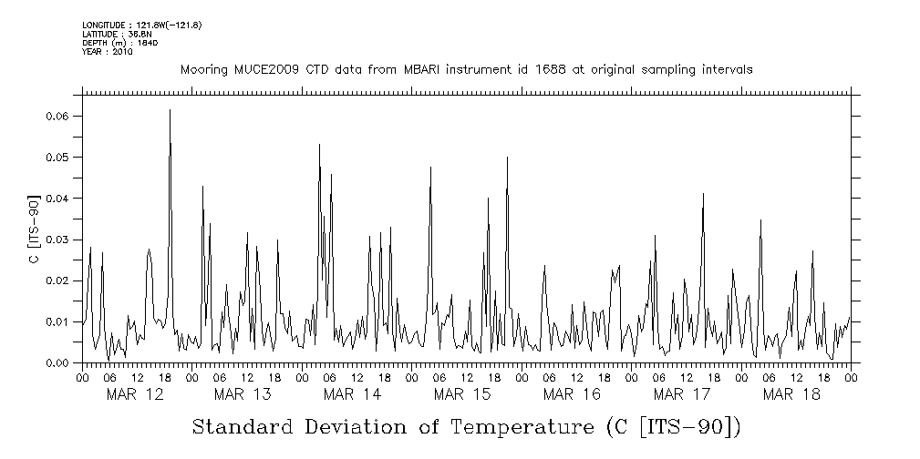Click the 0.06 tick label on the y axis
click(x=57, y=117)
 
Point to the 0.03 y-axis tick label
click(x=57, y=240)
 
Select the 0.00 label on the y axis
click(x=57, y=362)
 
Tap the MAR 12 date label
click(x=135, y=394)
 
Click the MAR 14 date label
click(x=353, y=394)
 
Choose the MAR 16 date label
click(x=572, y=394)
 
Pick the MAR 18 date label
click(x=791, y=394)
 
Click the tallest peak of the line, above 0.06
click(x=170, y=110)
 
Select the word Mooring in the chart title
click(x=202, y=70)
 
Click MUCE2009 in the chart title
click(x=263, y=70)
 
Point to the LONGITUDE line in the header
click(x=141, y=25)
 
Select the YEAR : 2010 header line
click(x=108, y=52)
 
